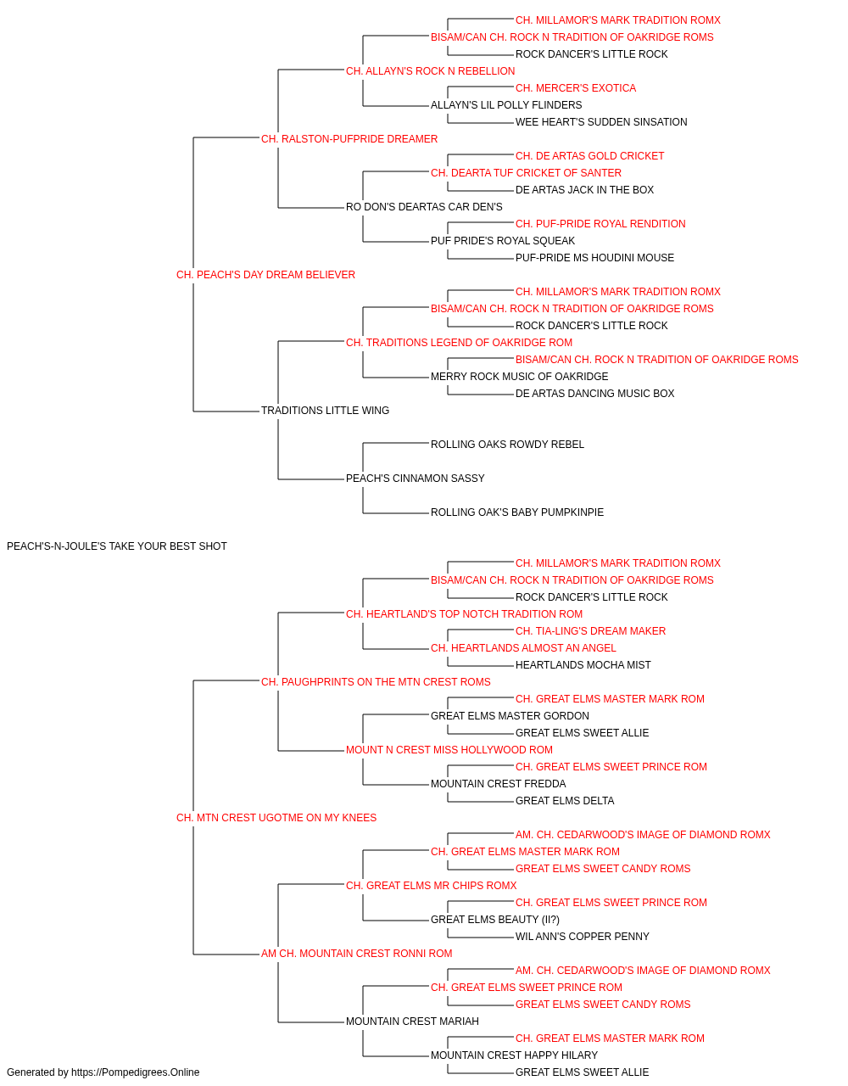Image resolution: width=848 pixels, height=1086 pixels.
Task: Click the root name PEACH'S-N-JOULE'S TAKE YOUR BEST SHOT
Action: click(117, 546)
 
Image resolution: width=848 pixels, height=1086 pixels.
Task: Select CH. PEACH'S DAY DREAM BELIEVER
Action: click(265, 275)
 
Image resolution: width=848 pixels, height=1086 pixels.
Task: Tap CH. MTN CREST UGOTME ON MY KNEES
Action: click(276, 818)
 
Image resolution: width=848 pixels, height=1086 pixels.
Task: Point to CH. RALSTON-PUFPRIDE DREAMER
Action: click(349, 139)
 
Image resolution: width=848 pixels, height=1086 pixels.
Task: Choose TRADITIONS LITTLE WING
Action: click(325, 411)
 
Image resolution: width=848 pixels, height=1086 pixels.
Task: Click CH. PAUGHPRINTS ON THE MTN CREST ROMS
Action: click(376, 681)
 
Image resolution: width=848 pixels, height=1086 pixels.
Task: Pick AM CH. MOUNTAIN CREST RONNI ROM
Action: click(356, 954)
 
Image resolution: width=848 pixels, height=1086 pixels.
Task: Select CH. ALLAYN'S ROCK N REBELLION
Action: click(431, 71)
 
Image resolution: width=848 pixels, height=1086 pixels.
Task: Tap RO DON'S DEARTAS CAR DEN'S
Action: click(424, 207)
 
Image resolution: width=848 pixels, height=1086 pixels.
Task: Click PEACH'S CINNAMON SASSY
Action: click(415, 479)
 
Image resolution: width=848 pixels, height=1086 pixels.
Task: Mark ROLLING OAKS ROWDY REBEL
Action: click(507, 445)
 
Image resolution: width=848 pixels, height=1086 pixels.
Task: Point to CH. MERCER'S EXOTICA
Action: click(576, 88)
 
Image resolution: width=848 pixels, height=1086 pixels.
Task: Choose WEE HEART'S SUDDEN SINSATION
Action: click(601, 122)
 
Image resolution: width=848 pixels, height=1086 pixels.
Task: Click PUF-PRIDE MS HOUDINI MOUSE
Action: click(594, 258)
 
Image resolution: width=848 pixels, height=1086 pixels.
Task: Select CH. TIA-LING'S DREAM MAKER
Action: click(591, 630)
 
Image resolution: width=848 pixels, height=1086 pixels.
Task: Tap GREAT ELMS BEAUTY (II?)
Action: click(495, 920)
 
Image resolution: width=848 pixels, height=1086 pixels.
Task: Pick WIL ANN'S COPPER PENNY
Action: click(583, 937)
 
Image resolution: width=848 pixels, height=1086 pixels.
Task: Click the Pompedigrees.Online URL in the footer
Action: click(136, 1072)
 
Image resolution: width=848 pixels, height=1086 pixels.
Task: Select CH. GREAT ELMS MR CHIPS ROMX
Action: click(432, 886)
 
